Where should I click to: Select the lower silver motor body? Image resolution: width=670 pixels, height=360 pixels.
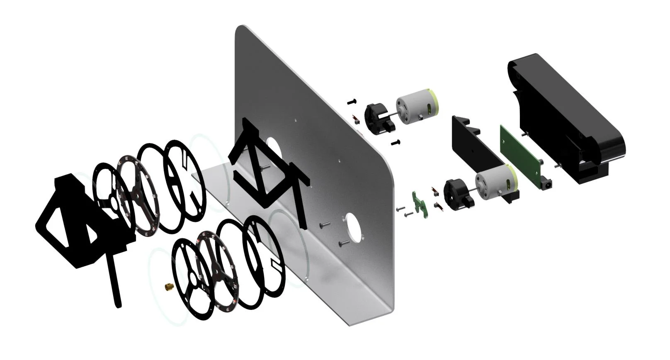click(x=492, y=182)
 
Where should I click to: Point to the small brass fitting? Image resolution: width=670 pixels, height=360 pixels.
click(x=168, y=286)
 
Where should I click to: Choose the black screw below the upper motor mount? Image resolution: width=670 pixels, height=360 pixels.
click(x=396, y=143)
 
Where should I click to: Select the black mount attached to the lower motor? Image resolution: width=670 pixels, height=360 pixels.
click(x=456, y=193)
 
